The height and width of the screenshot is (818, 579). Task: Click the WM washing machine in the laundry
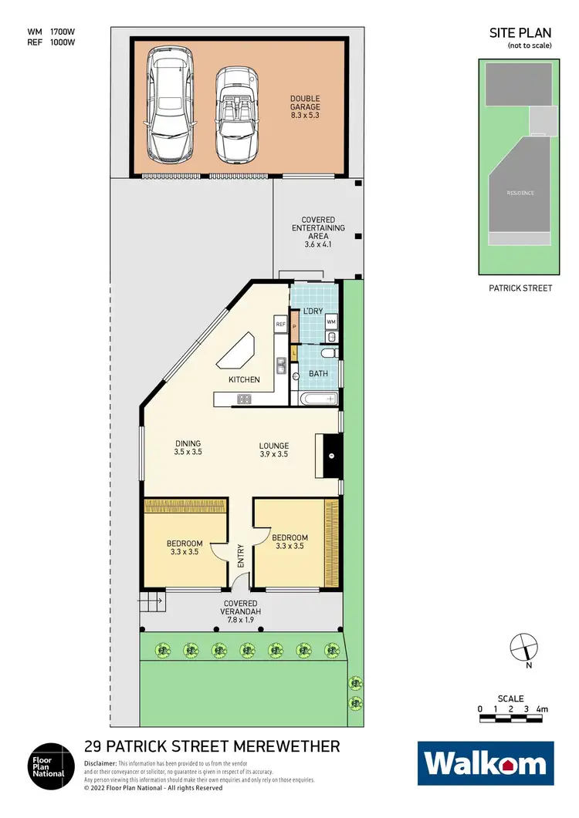(330, 321)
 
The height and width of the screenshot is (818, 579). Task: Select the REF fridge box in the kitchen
(280, 325)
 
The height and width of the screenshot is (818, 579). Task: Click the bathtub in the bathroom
(317, 399)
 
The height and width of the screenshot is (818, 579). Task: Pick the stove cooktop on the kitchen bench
(245, 399)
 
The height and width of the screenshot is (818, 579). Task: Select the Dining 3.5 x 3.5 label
(188, 448)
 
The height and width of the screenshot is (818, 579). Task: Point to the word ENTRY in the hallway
(241, 556)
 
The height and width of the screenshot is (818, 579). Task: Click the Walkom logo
(486, 763)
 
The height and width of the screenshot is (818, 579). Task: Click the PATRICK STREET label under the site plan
(520, 288)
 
